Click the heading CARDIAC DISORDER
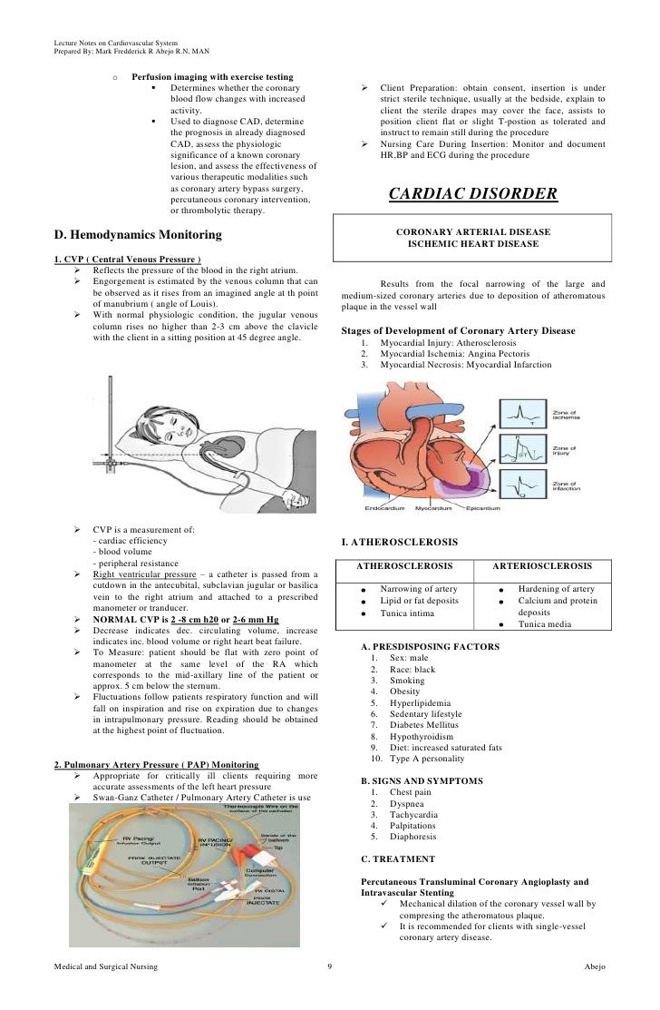point(472,194)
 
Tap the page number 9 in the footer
point(330,968)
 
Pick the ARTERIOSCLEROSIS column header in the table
point(543,565)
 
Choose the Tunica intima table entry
point(408,613)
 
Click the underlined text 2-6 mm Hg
point(253,619)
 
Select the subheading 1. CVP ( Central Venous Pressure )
point(128,260)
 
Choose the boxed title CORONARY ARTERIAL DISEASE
point(473,231)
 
